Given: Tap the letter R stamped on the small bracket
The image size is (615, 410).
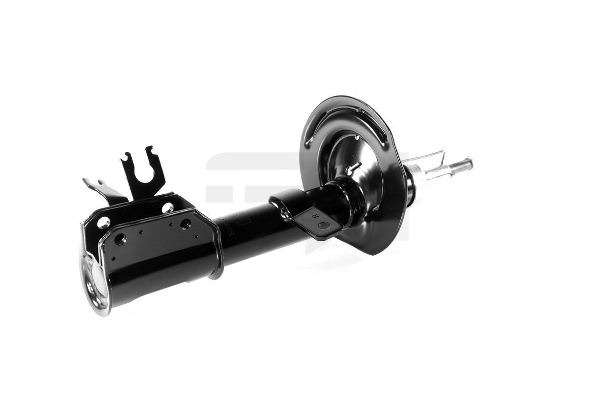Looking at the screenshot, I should click(315, 216).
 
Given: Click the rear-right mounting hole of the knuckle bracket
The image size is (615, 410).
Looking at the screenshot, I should click(168, 208).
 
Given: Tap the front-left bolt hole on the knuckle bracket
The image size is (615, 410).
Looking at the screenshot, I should click(120, 239).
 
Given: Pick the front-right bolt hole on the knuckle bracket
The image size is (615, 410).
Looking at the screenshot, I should click(185, 224).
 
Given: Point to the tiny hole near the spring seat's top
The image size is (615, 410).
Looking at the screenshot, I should click(357, 137).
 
